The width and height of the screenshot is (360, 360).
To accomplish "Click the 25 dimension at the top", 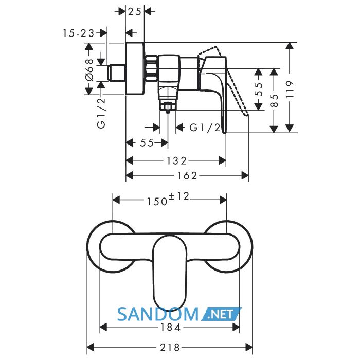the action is tap(135, 11).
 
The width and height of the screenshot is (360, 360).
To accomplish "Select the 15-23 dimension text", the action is tap(79, 33).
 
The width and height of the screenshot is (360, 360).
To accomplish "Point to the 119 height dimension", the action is tap(290, 89).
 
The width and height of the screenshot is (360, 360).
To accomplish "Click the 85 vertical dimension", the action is tap(274, 100).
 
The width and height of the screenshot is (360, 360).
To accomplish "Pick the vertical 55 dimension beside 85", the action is tap(259, 89).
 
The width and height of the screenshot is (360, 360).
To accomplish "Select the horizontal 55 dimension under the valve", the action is tap(147, 143).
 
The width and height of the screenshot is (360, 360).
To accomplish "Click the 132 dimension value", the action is tap(176, 160).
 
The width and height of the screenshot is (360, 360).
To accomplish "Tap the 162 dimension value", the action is tap(187, 176).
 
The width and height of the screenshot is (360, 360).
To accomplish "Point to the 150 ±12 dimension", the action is tap(168, 200).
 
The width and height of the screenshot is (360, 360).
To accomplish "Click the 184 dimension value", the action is tap(170, 328).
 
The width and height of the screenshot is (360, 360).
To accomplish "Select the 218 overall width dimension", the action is tap(170, 347).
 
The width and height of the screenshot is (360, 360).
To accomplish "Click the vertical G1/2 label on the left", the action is tap(101, 113).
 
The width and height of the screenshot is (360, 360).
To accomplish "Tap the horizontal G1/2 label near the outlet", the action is tap(205, 128).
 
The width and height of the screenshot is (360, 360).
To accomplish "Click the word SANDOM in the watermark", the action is tap(158, 314).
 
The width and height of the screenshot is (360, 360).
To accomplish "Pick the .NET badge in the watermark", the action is tap(221, 314).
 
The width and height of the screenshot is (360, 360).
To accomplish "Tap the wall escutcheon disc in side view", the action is tap(135, 68).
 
